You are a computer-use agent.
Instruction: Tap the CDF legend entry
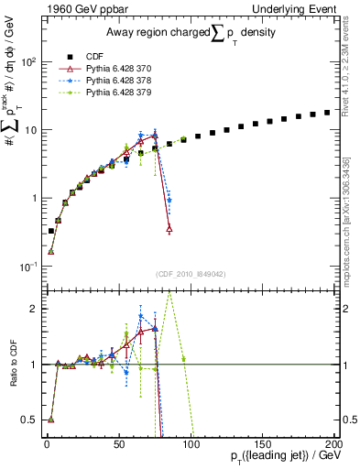tap(82, 57)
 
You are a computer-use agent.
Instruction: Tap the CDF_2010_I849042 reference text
tap(191, 272)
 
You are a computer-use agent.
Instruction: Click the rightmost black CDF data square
tap(327, 113)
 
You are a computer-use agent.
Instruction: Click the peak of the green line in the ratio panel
tap(169, 295)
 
